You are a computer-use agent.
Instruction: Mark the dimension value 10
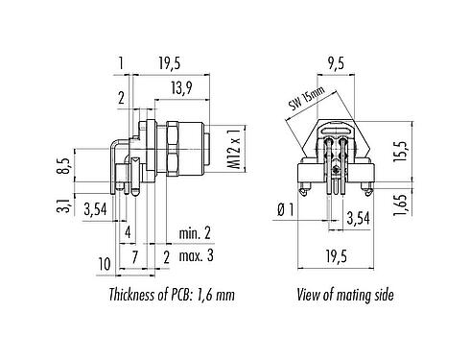pos(105,263)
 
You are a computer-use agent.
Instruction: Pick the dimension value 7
pos(135,255)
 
